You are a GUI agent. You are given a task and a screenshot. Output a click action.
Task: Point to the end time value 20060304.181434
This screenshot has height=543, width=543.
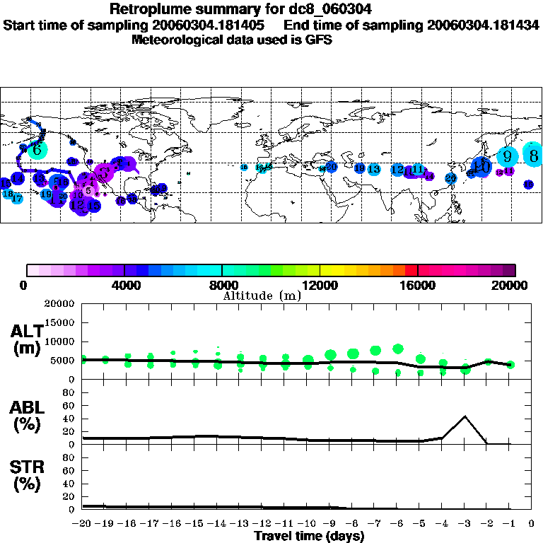click(483, 25)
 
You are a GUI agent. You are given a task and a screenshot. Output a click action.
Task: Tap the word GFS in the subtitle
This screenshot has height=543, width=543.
click(318, 40)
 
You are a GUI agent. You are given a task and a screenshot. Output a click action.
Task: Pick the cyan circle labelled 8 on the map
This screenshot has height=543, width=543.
click(534, 155)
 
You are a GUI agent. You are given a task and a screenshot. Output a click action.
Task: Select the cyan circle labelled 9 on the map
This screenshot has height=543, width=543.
click(507, 156)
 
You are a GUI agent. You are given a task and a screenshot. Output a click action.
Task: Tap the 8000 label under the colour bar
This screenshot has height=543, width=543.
click(222, 285)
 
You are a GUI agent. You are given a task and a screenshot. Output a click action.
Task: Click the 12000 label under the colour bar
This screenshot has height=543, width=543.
click(320, 285)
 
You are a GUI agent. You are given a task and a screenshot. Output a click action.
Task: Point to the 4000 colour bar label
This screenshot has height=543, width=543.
click(124, 285)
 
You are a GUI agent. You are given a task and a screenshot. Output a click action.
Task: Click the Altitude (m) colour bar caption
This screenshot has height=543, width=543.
click(262, 295)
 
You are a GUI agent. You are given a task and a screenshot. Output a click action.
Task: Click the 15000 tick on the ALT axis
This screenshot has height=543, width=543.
click(62, 322)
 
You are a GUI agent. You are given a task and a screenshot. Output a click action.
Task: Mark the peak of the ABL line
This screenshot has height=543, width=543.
click(465, 416)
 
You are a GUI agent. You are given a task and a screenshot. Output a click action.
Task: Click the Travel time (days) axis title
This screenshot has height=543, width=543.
click(309, 537)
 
